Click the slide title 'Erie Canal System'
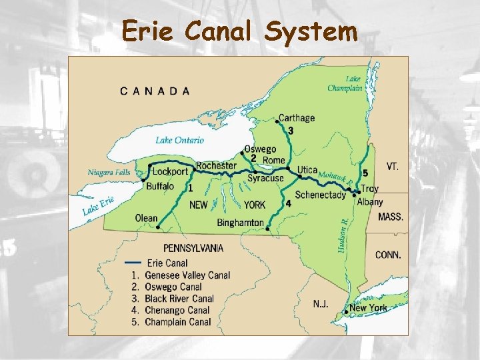click(x=239, y=31)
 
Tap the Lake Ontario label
click(x=180, y=140)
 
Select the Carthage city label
click(x=297, y=118)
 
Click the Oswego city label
click(x=259, y=149)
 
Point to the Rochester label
click(x=216, y=165)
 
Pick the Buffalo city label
click(x=160, y=186)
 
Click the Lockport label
click(x=171, y=171)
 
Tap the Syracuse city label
click(x=265, y=178)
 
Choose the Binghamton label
click(x=241, y=223)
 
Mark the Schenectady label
click(x=320, y=195)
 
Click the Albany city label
click(x=370, y=202)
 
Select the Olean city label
click(x=146, y=218)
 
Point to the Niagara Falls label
click(x=109, y=172)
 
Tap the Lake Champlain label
click(x=345, y=83)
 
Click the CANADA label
click(x=155, y=91)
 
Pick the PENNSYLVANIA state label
click(x=193, y=248)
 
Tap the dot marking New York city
click(x=347, y=310)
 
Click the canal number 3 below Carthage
click(x=291, y=130)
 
